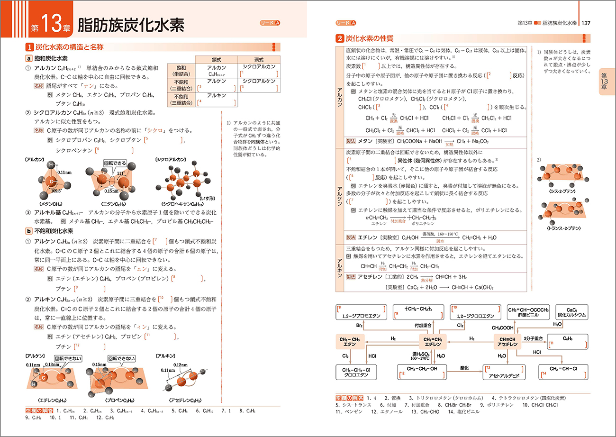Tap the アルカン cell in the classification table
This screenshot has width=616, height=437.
pyautogui.click(x=217, y=71)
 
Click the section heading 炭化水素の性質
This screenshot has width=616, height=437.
pyautogui.click(x=370, y=38)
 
